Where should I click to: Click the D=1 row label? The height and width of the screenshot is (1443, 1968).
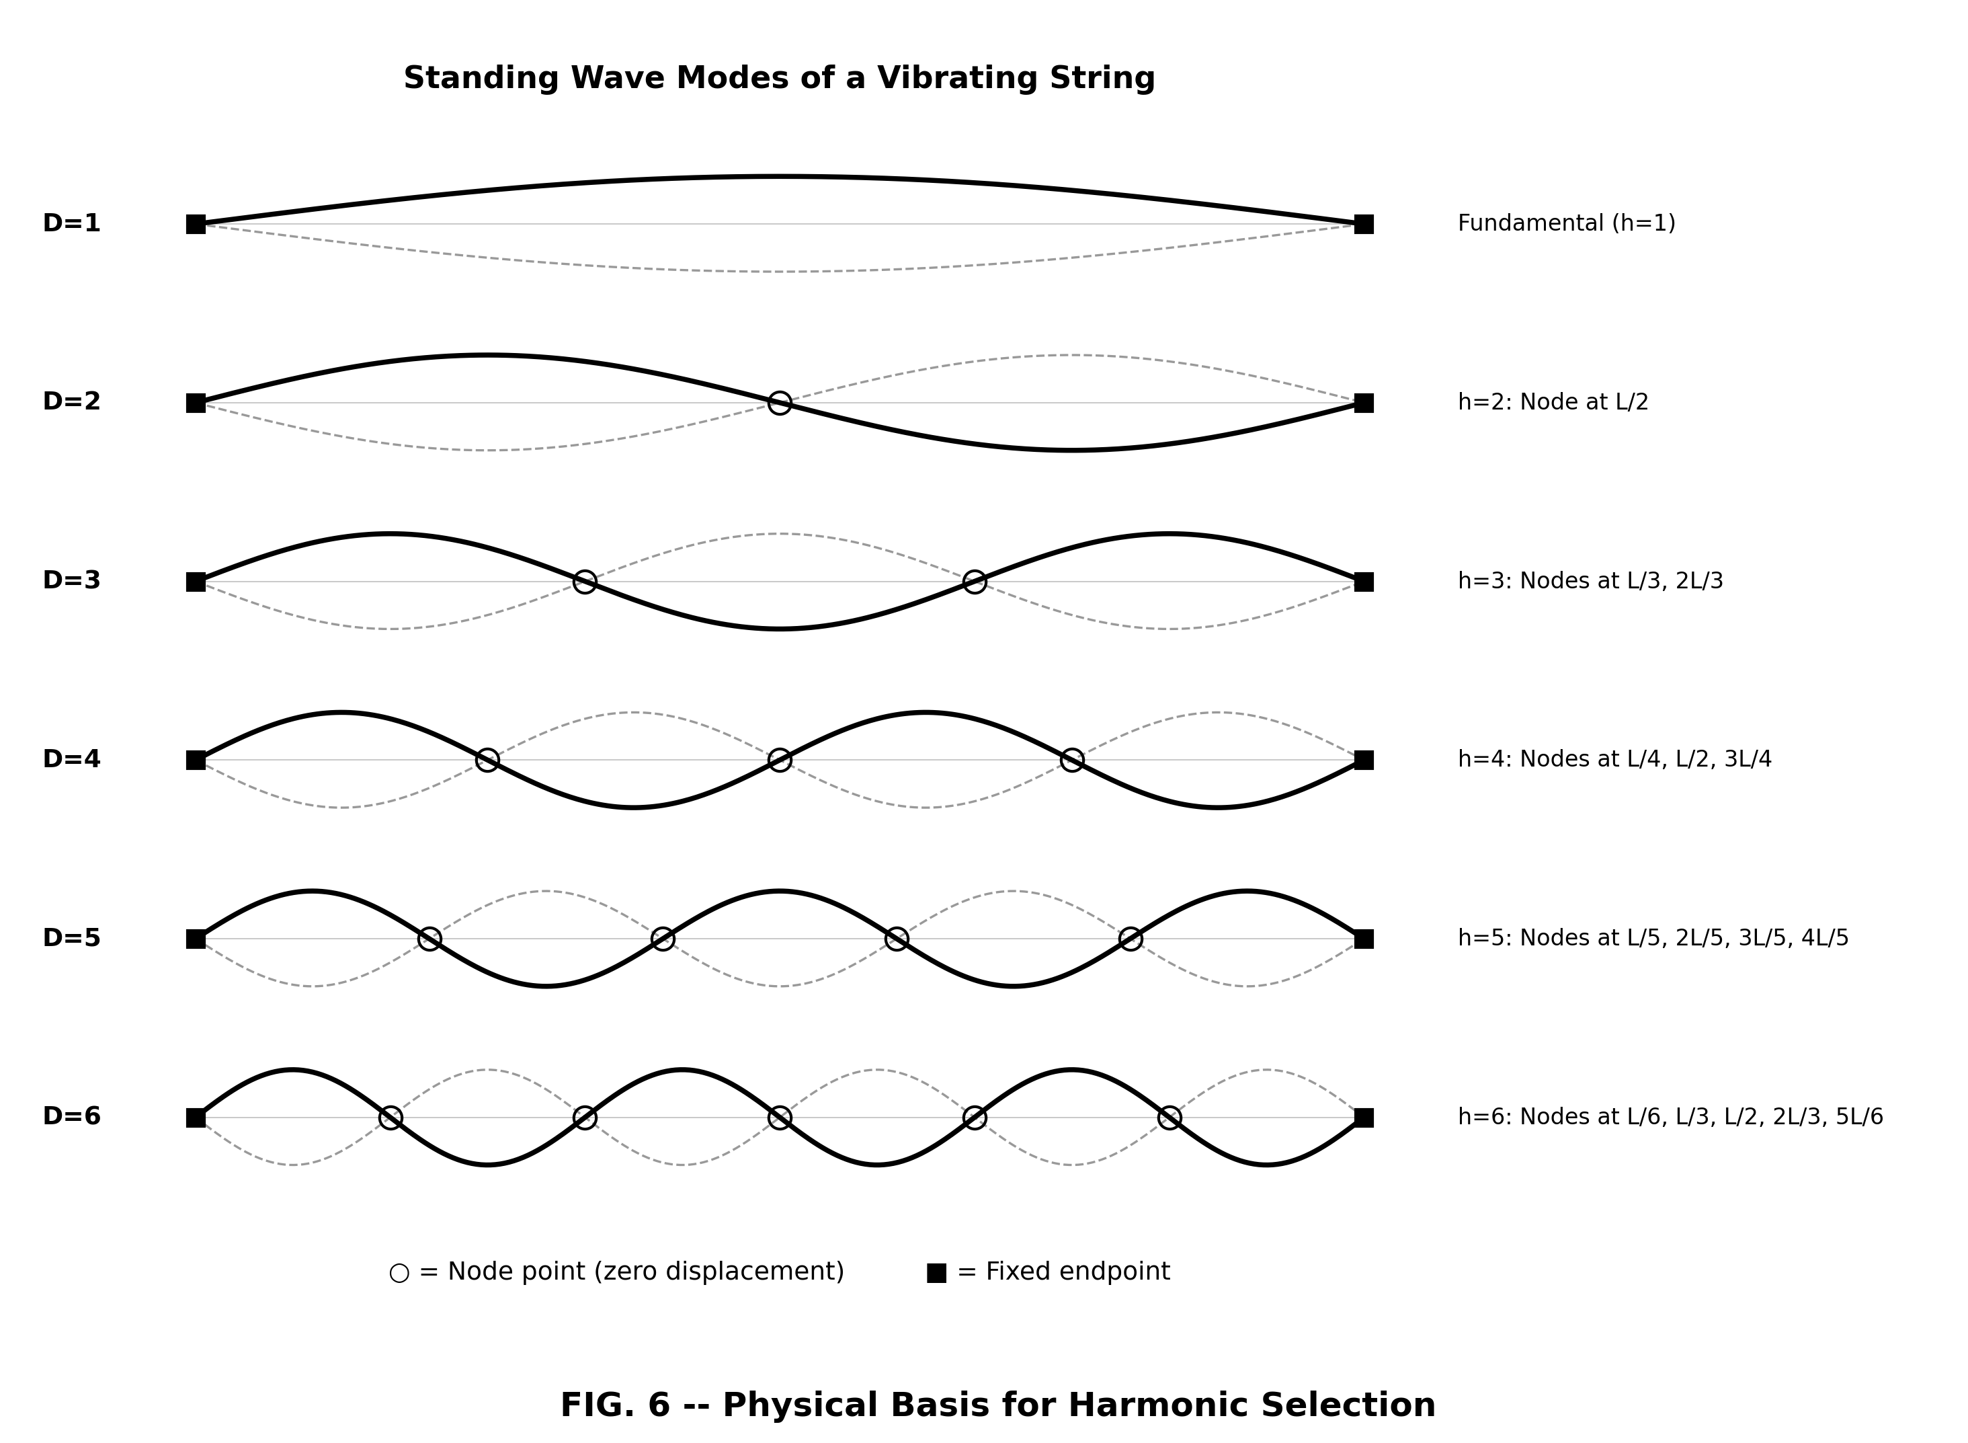click(72, 224)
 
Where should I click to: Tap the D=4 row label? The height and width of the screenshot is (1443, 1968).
click(72, 759)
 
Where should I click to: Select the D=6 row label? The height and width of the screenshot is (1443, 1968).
click(72, 1116)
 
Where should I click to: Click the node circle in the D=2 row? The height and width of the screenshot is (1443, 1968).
click(780, 403)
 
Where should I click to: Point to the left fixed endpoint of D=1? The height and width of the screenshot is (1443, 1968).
click(196, 225)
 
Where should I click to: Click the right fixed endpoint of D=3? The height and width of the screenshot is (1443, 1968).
click(1364, 582)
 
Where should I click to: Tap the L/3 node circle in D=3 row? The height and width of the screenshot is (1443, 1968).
click(585, 582)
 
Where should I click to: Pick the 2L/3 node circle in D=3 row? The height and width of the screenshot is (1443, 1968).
click(975, 582)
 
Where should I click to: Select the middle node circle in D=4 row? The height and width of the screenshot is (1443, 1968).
click(780, 760)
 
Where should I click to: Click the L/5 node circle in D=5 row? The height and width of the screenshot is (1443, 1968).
click(429, 939)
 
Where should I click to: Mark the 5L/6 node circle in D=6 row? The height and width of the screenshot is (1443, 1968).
click(1169, 1117)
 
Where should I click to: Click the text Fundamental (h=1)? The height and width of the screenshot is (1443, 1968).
click(1566, 224)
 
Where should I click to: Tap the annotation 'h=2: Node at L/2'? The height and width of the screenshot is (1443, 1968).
click(1553, 402)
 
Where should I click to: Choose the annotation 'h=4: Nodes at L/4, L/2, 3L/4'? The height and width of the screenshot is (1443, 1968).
click(1614, 759)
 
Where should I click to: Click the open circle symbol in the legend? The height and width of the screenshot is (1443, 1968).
click(399, 1274)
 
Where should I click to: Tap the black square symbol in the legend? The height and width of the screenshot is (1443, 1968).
click(936, 1274)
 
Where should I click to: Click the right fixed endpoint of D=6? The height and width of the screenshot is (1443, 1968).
click(1364, 1117)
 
